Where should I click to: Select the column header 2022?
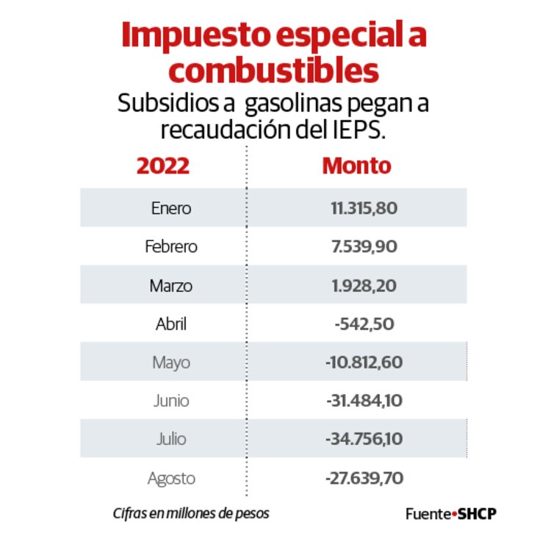click(162, 165)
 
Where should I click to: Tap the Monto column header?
click(356, 165)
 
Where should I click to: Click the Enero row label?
click(170, 208)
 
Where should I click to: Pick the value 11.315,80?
click(364, 208)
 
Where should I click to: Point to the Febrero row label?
click(170, 246)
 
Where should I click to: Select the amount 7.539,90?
click(364, 246)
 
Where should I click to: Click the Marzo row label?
click(170, 285)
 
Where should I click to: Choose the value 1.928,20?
click(364, 285)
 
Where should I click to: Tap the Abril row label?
click(170, 324)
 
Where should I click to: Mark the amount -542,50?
click(364, 324)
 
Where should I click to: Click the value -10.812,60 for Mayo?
click(364, 363)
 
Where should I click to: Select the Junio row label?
click(170, 401)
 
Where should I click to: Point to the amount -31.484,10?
click(364, 401)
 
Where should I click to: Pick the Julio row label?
click(170, 440)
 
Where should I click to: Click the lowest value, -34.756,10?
click(364, 440)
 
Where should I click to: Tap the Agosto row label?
click(170, 479)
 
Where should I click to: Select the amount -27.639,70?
click(364, 479)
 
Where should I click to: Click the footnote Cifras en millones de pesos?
click(190, 513)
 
